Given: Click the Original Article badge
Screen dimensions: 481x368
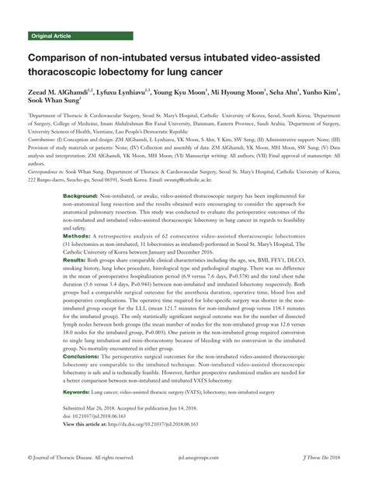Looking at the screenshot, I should (52, 36).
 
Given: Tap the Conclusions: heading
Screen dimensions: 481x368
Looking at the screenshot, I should (85, 355).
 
